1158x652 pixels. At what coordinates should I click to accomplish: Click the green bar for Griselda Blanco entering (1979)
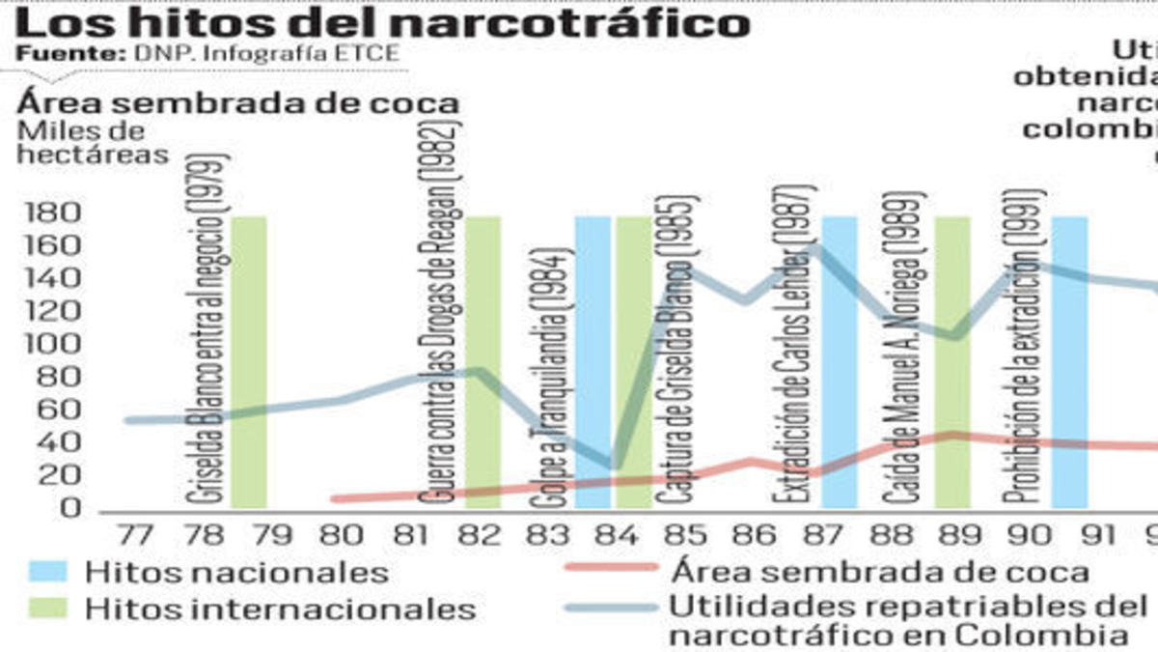click(x=249, y=362)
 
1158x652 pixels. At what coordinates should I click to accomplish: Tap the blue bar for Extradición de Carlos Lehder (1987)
click(x=840, y=362)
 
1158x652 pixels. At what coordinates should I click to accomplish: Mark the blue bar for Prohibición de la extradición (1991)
click(x=1069, y=362)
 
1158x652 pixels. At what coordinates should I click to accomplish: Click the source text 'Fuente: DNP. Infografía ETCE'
click(x=207, y=53)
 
